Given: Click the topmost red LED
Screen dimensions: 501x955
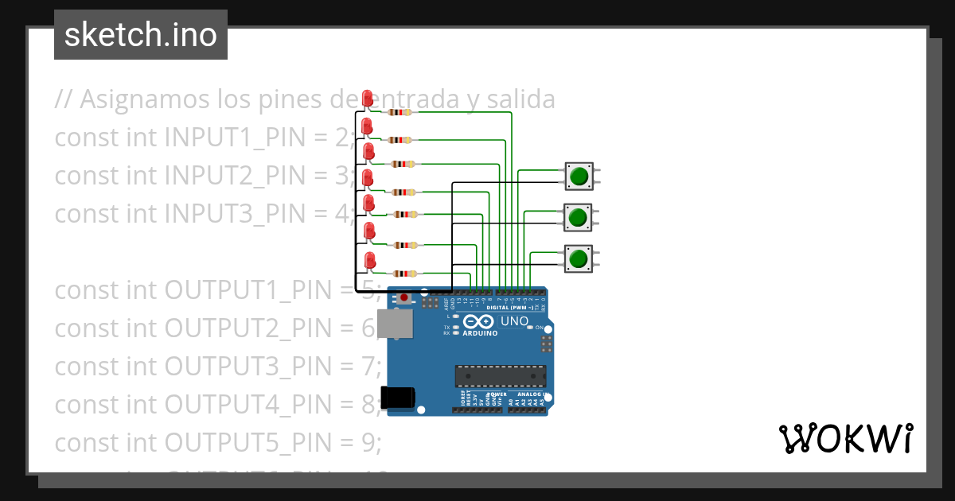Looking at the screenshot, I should point(367,99).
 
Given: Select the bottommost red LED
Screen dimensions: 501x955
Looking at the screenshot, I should point(370,260).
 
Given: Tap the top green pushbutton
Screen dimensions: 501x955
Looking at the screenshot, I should point(579,176).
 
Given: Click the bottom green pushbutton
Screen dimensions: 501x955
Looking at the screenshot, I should point(579,258).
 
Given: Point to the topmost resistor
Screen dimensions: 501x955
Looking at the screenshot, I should point(399,113).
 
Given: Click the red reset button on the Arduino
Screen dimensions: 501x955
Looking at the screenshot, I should point(404,298).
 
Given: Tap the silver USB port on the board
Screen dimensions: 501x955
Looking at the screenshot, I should point(395,324).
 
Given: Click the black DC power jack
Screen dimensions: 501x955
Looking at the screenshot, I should point(399,397).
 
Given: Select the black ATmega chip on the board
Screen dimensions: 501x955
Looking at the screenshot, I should point(501,376).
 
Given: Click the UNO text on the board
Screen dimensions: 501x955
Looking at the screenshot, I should point(514,321).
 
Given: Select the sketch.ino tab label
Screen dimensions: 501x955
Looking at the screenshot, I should point(141,35).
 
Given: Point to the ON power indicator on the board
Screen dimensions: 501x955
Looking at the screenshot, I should point(541,328).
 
